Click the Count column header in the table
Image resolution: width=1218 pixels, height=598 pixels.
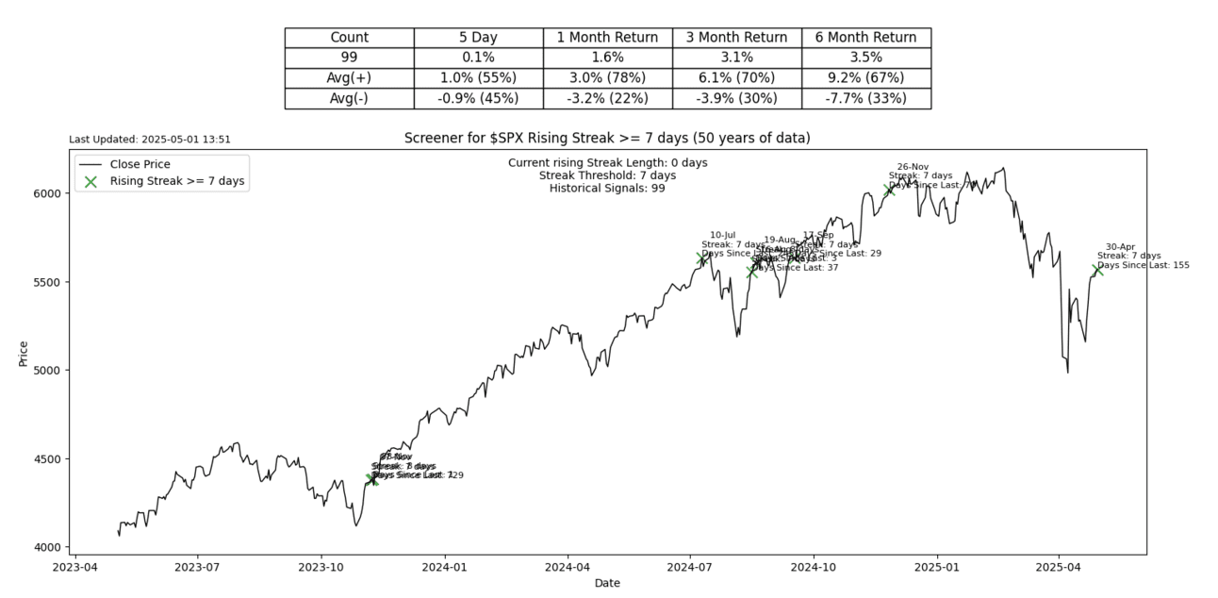tap(349, 38)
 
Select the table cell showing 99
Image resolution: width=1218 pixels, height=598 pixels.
tap(349, 58)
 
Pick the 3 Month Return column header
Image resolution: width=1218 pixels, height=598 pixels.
tap(736, 38)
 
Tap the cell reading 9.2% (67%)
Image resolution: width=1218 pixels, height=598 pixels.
tap(865, 77)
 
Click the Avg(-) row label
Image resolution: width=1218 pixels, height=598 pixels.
tap(349, 98)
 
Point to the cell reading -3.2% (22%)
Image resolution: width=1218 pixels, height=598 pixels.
tap(607, 98)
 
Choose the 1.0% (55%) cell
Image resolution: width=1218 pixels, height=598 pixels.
tap(478, 77)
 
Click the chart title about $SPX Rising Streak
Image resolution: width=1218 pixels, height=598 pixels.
tap(607, 139)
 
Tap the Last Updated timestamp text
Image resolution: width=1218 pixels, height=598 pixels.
tap(150, 140)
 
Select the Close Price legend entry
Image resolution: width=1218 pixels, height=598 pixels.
tap(140, 164)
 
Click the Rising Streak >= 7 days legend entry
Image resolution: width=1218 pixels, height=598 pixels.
tap(178, 182)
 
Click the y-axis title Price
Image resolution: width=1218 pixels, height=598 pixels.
tap(24, 353)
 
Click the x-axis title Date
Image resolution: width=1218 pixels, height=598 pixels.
tap(607, 584)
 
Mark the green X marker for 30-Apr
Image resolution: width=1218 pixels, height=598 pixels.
tap(1097, 270)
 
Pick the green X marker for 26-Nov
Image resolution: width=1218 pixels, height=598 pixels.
tap(889, 190)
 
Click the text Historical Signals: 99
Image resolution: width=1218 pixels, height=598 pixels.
tap(607, 189)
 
